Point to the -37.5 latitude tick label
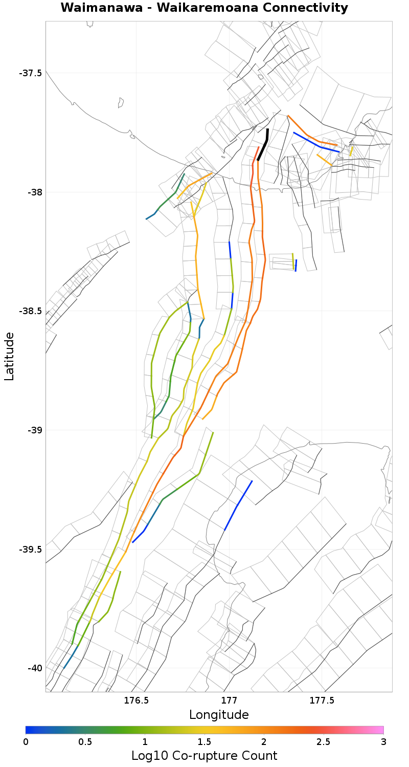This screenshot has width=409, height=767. click(x=31, y=73)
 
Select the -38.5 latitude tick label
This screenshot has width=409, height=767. click(x=31, y=311)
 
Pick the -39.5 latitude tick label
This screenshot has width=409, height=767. click(x=31, y=550)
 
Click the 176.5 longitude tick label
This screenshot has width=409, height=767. click(x=136, y=700)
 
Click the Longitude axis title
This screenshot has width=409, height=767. click(x=219, y=715)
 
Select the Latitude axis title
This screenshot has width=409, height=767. click(x=9, y=356)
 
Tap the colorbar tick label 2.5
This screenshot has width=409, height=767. click(x=324, y=742)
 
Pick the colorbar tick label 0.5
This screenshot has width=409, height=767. click(x=85, y=742)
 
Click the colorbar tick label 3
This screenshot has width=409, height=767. click(x=383, y=742)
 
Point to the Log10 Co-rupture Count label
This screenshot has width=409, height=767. click(x=204, y=756)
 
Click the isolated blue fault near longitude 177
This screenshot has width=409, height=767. click(x=238, y=506)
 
